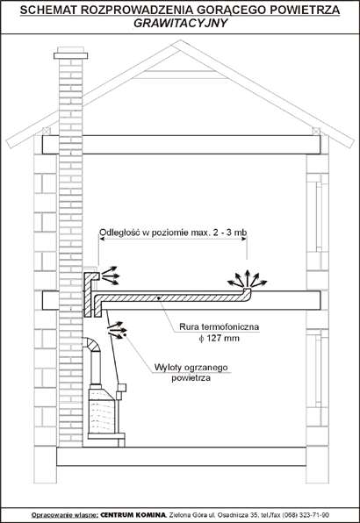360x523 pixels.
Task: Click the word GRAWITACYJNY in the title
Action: tap(180, 24)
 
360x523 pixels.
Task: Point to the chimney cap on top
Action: tap(70, 55)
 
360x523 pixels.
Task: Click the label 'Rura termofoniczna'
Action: tap(219, 326)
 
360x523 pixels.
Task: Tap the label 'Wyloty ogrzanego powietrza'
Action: tap(191, 373)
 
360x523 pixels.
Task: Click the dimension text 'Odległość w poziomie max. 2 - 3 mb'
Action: tap(173, 233)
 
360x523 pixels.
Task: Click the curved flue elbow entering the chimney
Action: tap(93, 344)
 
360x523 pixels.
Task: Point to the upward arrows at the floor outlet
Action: tap(248, 278)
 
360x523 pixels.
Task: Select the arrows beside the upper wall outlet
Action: tap(110, 276)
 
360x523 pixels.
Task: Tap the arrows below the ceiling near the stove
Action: tap(115, 330)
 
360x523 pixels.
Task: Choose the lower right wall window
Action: tap(318, 369)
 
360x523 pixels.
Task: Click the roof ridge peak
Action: tap(180, 41)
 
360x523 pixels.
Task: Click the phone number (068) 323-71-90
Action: tap(308, 514)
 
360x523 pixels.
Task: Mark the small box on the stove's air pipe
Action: tap(121, 388)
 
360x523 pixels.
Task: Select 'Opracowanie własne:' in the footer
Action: tap(65, 514)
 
